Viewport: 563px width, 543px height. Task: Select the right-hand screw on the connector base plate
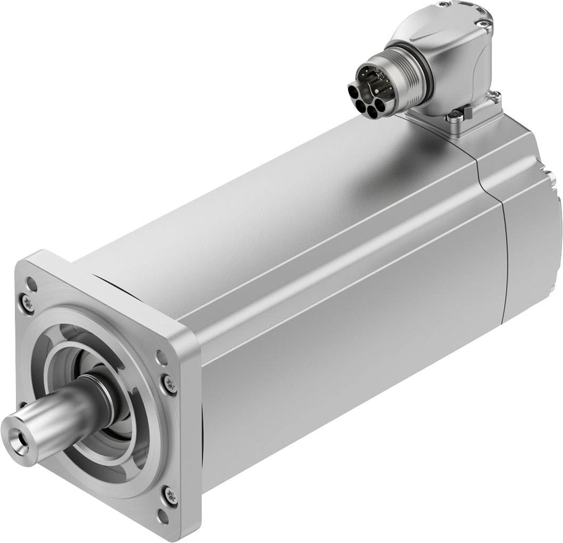(495, 96)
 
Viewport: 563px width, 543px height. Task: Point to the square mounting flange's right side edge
(192, 426)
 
